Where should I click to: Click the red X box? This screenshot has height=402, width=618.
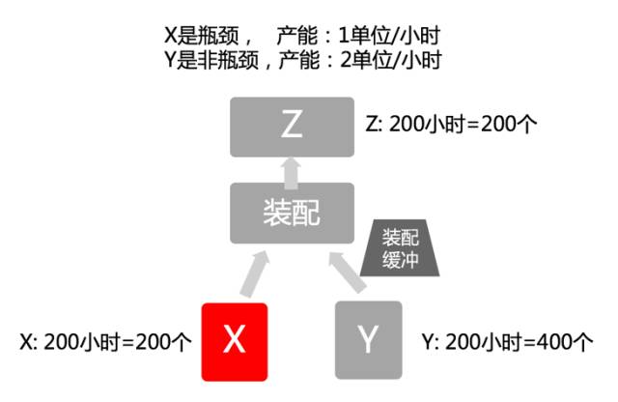[x=234, y=340]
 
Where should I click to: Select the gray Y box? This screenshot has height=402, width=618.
[x=367, y=340]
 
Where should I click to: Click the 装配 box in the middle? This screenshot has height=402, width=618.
[x=293, y=214]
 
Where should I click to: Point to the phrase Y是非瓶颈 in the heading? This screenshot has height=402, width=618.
[x=207, y=59]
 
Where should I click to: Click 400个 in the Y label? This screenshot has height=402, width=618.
[x=569, y=342]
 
